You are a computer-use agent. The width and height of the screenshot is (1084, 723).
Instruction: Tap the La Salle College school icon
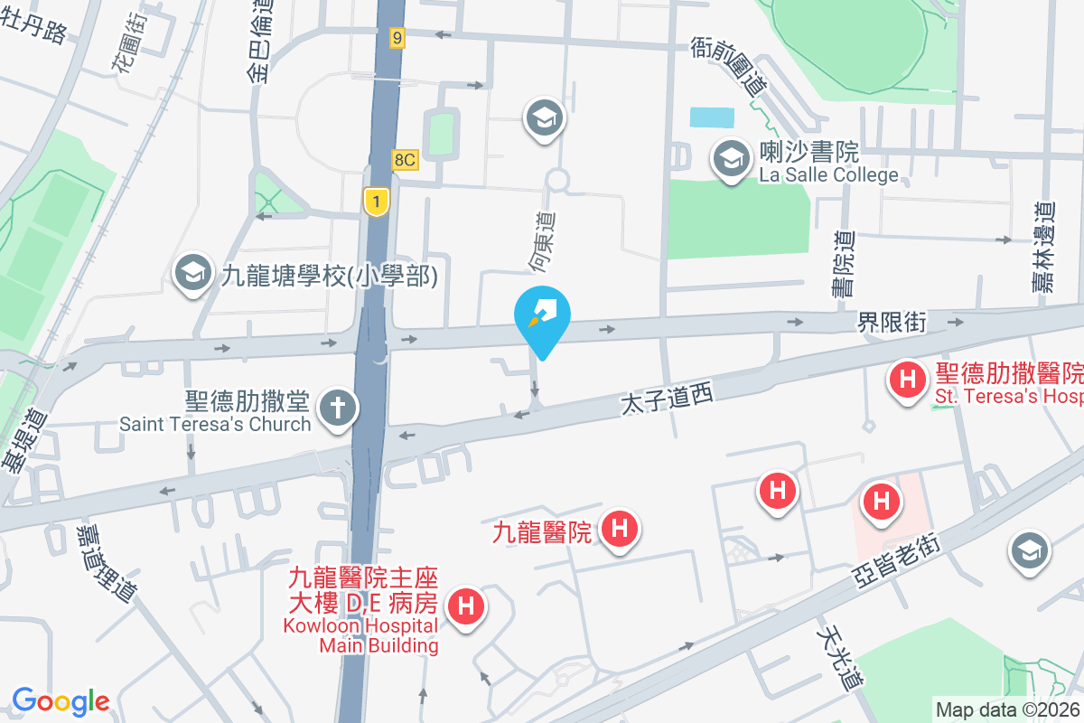click(728, 160)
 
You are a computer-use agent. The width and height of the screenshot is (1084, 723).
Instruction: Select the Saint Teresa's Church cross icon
click(338, 408)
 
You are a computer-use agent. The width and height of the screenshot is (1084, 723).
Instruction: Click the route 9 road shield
click(397, 37)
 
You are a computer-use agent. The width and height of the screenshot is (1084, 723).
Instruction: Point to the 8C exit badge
click(405, 159)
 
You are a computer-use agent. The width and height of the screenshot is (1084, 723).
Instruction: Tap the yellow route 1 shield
click(376, 201)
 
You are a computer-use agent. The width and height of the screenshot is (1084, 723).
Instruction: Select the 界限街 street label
click(892, 322)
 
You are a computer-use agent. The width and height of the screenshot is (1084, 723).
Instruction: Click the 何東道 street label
click(542, 241)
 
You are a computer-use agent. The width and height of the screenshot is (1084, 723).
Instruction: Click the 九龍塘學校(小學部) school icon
click(192, 274)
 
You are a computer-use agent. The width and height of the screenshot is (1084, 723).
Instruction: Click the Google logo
click(61, 700)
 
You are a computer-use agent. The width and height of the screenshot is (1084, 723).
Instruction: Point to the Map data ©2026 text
click(1007, 709)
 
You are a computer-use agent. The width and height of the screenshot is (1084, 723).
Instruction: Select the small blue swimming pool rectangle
click(712, 117)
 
